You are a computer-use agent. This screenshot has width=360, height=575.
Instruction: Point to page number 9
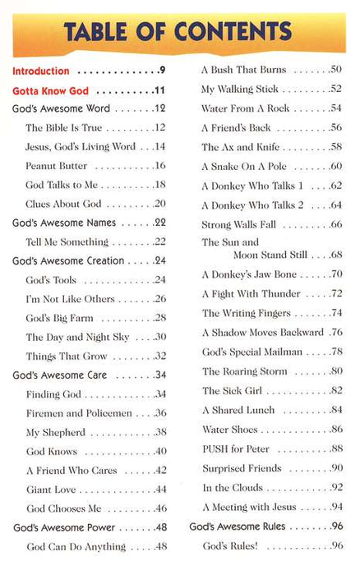tap(163, 71)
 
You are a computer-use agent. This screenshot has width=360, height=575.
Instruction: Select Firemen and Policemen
tap(72, 413)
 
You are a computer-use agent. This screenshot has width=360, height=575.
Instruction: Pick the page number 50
tap(335, 70)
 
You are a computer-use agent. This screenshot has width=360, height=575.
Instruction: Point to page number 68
tap(335, 255)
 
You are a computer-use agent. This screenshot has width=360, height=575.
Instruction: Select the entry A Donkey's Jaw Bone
tap(248, 274)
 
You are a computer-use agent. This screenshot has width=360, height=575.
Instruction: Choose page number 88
tap(335, 448)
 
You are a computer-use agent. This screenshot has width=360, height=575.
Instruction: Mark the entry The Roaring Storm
tap(245, 371)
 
